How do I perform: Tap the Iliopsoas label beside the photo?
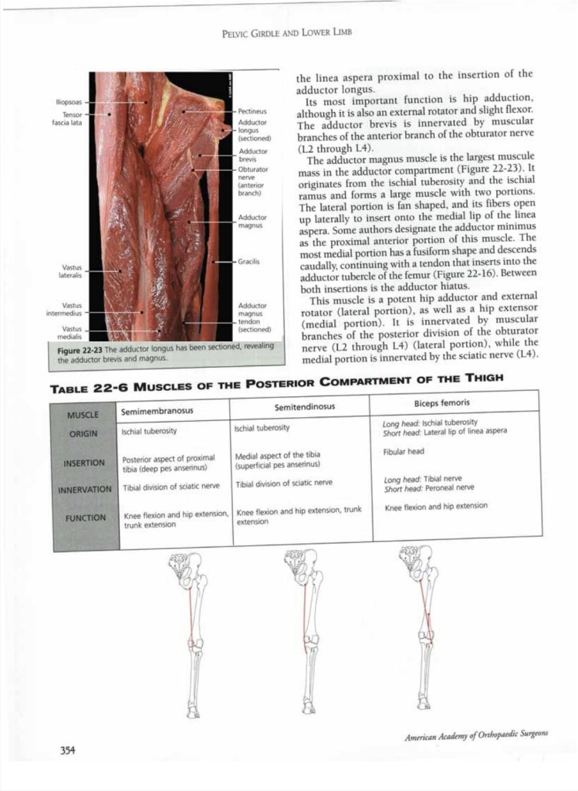(69, 101)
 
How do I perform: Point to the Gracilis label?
(249, 261)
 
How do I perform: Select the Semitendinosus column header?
(304, 407)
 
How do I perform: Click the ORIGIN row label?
(83, 433)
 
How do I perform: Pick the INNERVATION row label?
(85, 489)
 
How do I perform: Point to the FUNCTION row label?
(86, 518)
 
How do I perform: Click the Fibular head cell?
(404, 451)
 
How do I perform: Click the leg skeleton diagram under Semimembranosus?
(191, 633)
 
